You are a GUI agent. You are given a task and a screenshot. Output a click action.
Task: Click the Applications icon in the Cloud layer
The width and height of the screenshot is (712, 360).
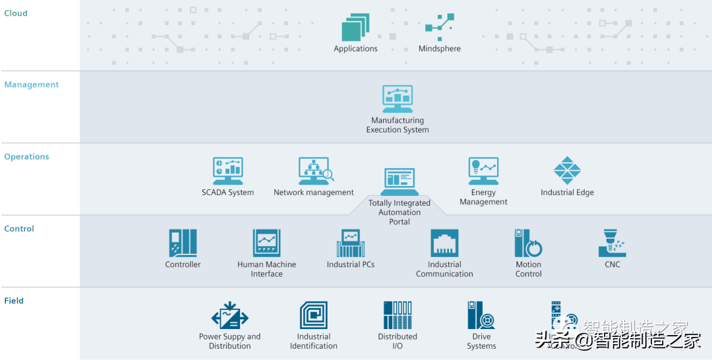(x=355, y=28)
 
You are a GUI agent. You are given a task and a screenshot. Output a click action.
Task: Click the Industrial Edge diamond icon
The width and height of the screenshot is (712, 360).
(x=567, y=171)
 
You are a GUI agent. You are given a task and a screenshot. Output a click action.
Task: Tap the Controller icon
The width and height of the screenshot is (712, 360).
(x=183, y=243)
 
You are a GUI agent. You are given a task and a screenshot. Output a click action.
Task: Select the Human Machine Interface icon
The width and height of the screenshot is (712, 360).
(x=266, y=243)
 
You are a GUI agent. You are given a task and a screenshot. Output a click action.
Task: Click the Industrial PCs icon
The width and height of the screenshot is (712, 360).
(x=350, y=243)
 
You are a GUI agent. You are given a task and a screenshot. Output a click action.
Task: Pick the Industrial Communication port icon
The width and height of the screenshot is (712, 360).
(x=444, y=243)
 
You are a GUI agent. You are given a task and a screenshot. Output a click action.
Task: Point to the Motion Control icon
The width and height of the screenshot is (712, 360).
(x=528, y=243)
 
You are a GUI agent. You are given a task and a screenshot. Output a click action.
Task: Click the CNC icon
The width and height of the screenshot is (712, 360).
(x=612, y=243)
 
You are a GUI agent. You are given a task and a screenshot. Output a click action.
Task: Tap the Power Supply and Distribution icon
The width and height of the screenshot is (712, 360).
(x=229, y=316)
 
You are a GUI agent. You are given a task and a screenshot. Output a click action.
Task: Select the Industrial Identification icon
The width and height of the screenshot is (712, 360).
(x=313, y=316)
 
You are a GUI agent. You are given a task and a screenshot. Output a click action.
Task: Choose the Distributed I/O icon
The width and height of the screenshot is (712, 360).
(x=398, y=316)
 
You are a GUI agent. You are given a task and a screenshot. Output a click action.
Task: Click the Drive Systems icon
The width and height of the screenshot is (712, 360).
(x=481, y=316)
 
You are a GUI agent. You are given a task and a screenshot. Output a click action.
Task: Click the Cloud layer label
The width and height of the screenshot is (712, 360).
(x=16, y=13)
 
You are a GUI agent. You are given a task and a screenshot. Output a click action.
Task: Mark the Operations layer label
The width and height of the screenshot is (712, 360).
(x=26, y=157)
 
